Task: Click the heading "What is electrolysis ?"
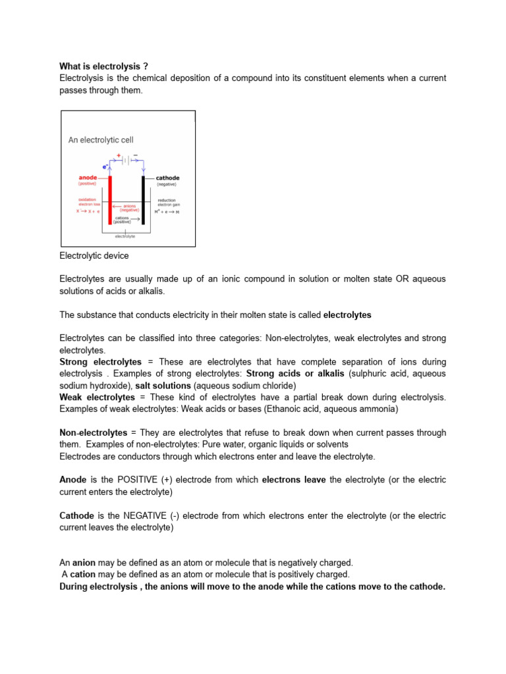point(103,66)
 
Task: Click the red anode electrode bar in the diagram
point(110,200)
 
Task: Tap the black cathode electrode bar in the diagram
point(143,200)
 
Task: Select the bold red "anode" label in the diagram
point(88,178)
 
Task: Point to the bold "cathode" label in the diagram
point(167,178)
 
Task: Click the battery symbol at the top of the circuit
point(127,159)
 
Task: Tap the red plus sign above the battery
point(119,155)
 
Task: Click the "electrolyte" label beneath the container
point(125,236)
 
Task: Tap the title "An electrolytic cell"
point(101,140)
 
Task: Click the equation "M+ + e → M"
point(167,211)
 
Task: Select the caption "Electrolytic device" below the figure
point(94,256)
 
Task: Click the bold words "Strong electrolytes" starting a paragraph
point(100,362)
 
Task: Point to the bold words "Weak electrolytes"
point(97,398)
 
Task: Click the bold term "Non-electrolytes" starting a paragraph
point(94,433)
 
